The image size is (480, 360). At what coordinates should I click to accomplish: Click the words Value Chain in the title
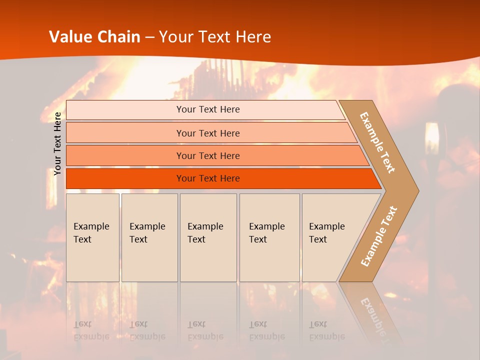[x=95, y=37]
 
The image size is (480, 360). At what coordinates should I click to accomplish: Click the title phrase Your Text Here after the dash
[x=215, y=37]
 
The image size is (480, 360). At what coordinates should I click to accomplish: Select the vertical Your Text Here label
[x=57, y=143]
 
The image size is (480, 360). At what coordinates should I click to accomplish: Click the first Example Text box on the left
[x=92, y=237]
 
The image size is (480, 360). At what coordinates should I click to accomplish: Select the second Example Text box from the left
[x=149, y=237]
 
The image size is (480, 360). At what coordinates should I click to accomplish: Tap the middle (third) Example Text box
[x=208, y=237]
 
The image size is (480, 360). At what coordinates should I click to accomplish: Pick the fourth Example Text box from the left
[x=269, y=237]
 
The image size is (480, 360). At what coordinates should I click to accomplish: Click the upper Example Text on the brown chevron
[x=377, y=142]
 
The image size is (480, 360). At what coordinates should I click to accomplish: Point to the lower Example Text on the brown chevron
[x=379, y=236]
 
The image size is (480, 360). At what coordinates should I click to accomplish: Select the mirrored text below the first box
[x=91, y=330]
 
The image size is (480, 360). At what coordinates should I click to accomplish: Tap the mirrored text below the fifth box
[x=326, y=330]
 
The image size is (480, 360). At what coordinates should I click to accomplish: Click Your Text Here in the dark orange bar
[x=208, y=178]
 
